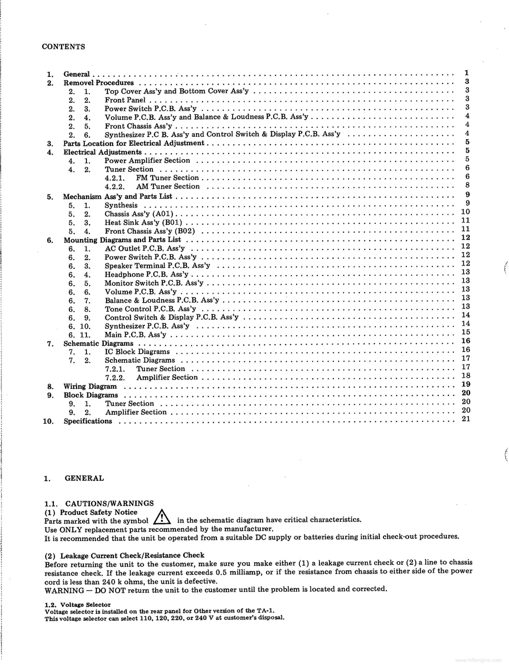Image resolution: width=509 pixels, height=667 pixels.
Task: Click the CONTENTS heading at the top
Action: point(64,47)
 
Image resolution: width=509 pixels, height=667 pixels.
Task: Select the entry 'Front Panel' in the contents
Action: point(125,100)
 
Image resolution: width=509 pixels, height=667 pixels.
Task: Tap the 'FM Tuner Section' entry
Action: point(167,178)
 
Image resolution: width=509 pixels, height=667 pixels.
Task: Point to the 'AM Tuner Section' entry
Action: point(168,187)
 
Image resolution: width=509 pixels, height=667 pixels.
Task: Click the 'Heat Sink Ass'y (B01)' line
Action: point(143,222)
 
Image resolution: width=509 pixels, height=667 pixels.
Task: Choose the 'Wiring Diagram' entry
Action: point(90,387)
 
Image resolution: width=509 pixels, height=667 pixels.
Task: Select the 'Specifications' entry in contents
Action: point(88,421)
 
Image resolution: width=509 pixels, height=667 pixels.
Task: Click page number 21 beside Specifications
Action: point(466,419)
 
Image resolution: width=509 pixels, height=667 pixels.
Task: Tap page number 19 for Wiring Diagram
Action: point(466,384)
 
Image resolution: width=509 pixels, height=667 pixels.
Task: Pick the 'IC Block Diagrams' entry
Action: point(137,352)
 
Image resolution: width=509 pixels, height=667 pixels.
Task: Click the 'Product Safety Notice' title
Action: point(98,512)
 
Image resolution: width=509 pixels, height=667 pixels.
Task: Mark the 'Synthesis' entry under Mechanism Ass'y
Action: point(121,205)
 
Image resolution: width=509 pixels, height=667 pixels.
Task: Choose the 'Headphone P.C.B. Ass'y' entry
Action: point(146,275)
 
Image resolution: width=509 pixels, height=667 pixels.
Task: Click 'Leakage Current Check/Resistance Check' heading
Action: point(132,555)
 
